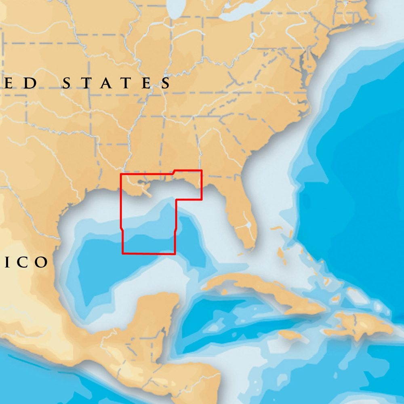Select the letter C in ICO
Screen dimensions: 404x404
click(x=23, y=263)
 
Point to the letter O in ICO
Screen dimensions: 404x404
click(x=41, y=263)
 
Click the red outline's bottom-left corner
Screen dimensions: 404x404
click(x=122, y=254)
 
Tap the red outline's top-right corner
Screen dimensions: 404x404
click(x=201, y=170)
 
